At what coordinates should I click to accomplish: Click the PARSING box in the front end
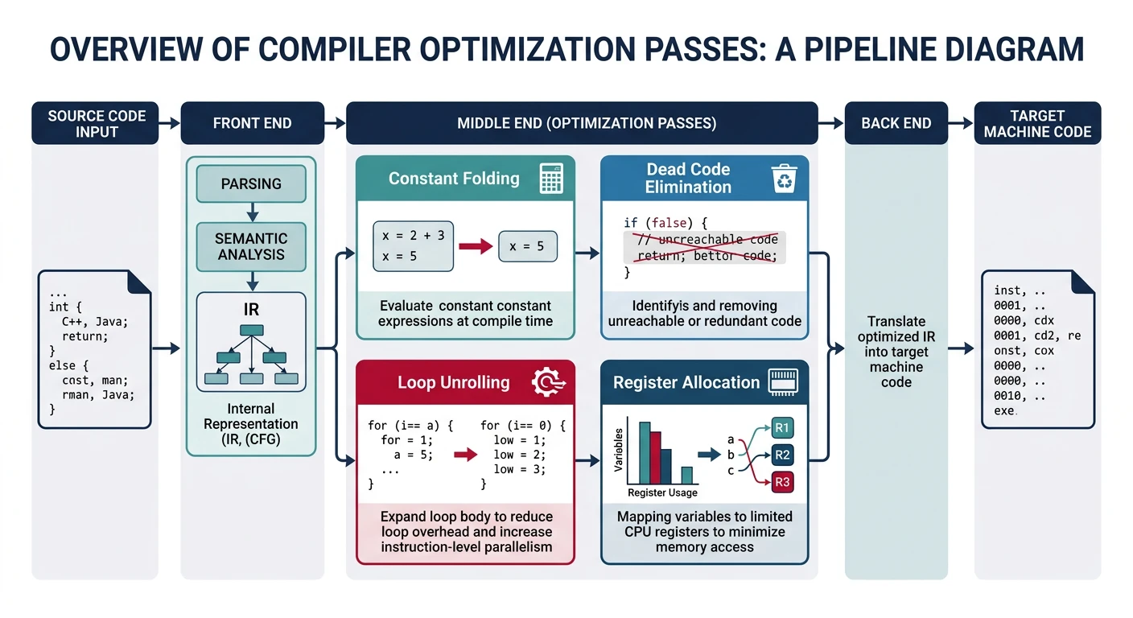(x=251, y=183)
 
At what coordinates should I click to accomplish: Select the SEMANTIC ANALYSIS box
(x=251, y=246)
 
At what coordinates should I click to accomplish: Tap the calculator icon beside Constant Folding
(x=551, y=179)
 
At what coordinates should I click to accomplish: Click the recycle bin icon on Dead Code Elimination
(x=783, y=179)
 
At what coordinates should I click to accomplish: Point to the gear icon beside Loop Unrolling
(x=548, y=382)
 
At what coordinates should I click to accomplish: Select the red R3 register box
(x=782, y=483)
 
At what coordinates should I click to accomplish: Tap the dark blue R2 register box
(x=782, y=455)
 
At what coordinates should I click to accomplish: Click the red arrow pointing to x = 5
(x=475, y=247)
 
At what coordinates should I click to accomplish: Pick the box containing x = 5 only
(x=529, y=247)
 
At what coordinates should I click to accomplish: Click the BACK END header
(x=896, y=123)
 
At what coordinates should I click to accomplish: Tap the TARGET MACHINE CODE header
(x=1037, y=123)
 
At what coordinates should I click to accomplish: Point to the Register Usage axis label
(x=662, y=492)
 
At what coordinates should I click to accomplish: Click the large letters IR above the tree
(x=251, y=310)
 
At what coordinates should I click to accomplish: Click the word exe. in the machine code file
(x=1005, y=410)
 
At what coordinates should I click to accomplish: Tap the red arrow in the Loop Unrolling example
(x=465, y=455)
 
